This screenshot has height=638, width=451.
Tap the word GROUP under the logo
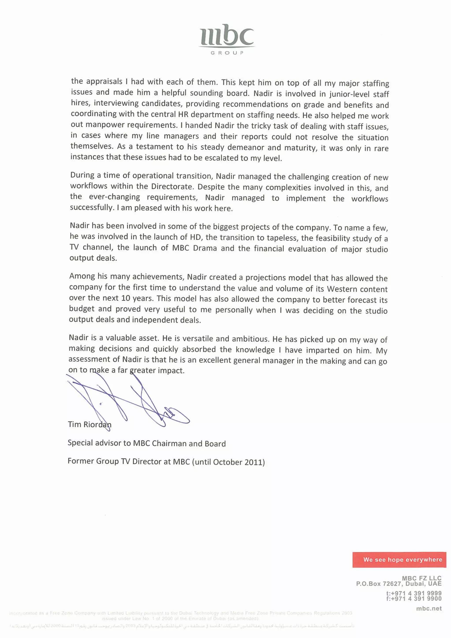pos(227,53)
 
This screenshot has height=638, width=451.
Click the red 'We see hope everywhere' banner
pos(399,559)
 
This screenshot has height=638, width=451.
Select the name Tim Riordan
pos(89,424)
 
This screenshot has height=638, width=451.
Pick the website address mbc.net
pos(429,608)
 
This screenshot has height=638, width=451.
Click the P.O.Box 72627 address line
pos(399,584)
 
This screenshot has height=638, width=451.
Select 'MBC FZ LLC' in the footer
pos(421,579)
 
